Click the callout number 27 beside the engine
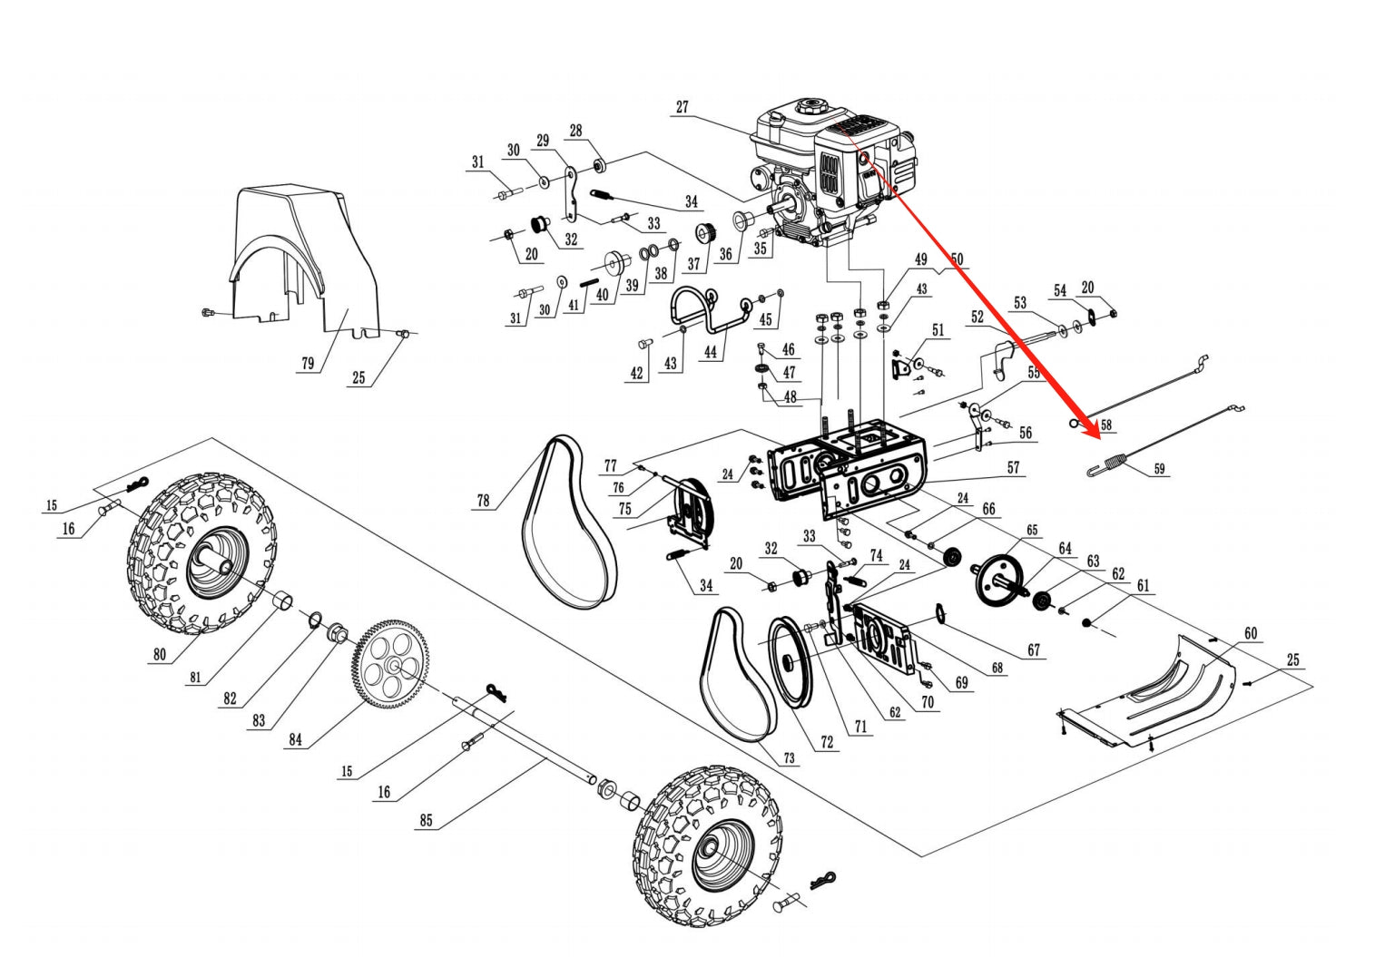tap(682, 107)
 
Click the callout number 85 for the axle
tap(426, 821)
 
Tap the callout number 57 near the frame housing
tap(1013, 468)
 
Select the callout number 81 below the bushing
tap(194, 676)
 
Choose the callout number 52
tap(977, 317)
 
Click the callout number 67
tap(1034, 650)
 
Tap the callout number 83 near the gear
tap(260, 720)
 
